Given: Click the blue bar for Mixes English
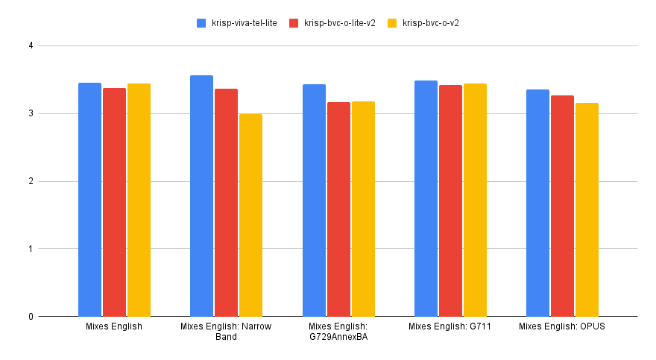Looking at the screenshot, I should [x=89, y=200].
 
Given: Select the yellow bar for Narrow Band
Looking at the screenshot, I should [x=250, y=215].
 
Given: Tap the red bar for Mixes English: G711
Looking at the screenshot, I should [x=450, y=200].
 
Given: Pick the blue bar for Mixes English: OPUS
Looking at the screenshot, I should [x=537, y=203].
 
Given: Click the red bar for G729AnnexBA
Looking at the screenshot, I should [x=338, y=209].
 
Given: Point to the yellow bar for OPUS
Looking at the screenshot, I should [x=587, y=209].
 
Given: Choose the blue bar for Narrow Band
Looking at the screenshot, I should [x=201, y=196].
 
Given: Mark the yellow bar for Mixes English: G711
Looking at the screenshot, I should [x=475, y=200].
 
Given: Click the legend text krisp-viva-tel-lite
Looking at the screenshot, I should [x=244, y=23].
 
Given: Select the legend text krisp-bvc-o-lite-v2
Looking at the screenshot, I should [x=340, y=23].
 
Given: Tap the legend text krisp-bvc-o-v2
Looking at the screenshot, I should [x=430, y=23].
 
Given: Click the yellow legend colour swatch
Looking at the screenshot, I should [x=392, y=23].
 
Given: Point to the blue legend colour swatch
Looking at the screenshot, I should [x=201, y=23].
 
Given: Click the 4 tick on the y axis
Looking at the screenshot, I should [x=31, y=46].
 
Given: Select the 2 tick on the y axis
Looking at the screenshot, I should [x=31, y=181].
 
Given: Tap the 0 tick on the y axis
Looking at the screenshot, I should [x=31, y=317].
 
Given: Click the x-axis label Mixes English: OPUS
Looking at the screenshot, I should [x=562, y=326].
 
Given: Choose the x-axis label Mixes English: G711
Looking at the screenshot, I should [x=450, y=326].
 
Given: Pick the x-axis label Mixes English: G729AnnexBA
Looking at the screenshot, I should [x=338, y=332].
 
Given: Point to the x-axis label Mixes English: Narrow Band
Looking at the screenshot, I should [x=226, y=332].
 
